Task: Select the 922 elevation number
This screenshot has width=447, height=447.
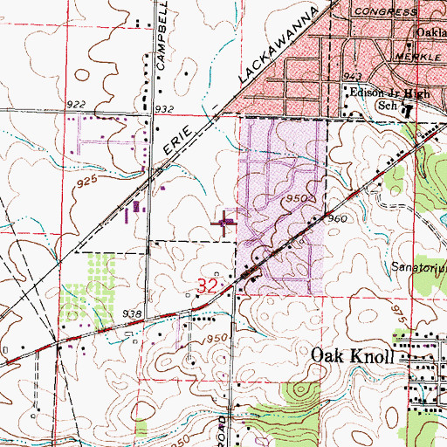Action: [x=77, y=105]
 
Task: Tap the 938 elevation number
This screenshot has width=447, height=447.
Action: [x=132, y=313]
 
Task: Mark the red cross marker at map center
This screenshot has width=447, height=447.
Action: [x=224, y=223]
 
